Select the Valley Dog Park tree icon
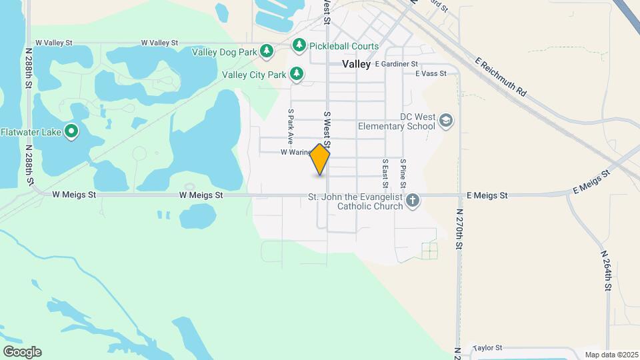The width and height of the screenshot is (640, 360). (x=267, y=51)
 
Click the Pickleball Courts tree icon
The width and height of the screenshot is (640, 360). (x=299, y=45)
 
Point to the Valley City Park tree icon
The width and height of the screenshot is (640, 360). (x=297, y=75)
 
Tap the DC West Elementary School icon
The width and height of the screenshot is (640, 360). (x=446, y=121)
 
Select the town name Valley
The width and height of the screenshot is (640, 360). (x=356, y=64)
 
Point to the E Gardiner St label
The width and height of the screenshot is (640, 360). (x=396, y=64)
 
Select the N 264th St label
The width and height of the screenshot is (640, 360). (x=606, y=271)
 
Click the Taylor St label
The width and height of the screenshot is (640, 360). (x=487, y=348)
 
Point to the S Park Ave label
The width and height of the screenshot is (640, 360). (x=291, y=127)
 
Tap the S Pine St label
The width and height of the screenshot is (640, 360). (x=403, y=173)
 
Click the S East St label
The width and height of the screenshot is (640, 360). (x=385, y=173)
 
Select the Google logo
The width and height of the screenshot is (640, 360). (x=22, y=352)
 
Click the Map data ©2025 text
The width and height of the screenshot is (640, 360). (x=611, y=355)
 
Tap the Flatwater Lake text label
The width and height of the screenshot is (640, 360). (x=31, y=131)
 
